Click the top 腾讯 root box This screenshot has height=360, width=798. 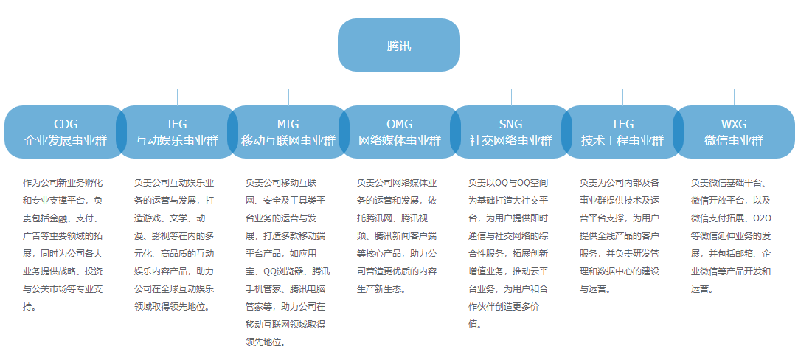[x=399, y=45]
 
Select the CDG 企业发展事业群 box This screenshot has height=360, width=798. [x=66, y=132]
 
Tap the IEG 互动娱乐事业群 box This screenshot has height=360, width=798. [x=177, y=132]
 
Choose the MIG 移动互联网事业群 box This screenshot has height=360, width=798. [x=288, y=132]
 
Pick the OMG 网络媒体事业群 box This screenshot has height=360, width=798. [x=400, y=132]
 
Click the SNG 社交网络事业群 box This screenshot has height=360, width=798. [x=510, y=132]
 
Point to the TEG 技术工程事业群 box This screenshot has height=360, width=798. [x=622, y=132]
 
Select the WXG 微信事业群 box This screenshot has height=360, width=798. [x=733, y=132]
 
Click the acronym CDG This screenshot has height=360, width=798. [x=66, y=123]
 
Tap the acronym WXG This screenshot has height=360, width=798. [x=733, y=123]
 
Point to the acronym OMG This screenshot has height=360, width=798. [x=400, y=123]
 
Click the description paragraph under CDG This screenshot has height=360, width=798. [x=66, y=244]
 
